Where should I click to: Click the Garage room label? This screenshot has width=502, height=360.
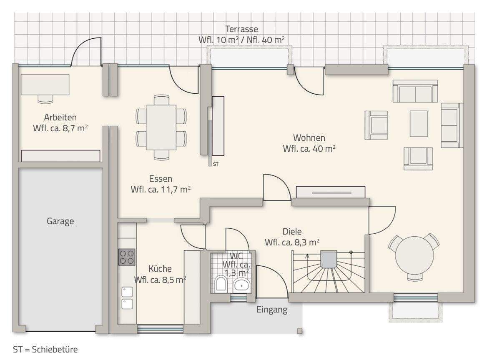click(60, 221)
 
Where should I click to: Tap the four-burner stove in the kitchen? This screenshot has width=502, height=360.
click(127, 257)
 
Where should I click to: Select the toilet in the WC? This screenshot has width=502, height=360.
click(221, 284)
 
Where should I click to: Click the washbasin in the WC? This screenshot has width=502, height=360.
click(241, 285)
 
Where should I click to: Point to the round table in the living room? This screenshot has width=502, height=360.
click(414, 255)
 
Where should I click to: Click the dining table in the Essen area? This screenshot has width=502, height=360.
click(161, 127)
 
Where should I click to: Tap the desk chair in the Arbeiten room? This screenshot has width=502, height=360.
click(45, 99)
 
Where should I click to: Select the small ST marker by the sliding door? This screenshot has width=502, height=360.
click(216, 164)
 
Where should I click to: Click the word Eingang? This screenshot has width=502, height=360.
click(272, 310)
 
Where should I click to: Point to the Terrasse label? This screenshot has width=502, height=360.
click(241, 29)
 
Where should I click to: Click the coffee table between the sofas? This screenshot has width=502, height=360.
click(419, 124)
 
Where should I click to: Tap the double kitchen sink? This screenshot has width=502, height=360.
click(127, 298)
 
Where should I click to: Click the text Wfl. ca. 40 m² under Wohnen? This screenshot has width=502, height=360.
click(309, 149)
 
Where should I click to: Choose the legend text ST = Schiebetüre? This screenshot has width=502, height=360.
click(45, 349)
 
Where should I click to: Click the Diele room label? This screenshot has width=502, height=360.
click(292, 231)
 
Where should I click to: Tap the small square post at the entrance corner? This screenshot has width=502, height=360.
click(300, 331)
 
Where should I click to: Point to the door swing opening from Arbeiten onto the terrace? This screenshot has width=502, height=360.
click(86, 52)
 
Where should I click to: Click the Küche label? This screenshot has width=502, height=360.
click(160, 269)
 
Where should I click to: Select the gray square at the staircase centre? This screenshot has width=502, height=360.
click(329, 260)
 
